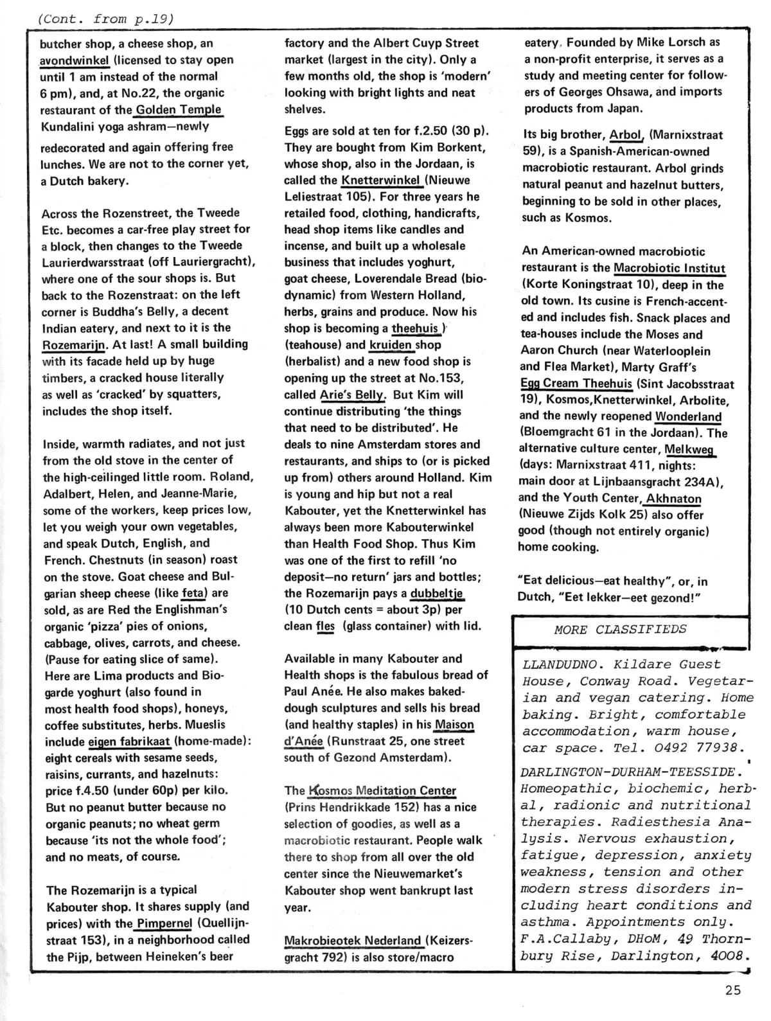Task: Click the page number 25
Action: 732,990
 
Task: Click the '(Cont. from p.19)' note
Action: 106,19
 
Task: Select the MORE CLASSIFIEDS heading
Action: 620,630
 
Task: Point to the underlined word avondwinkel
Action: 74,60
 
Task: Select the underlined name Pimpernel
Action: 164,923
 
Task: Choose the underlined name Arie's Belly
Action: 352,395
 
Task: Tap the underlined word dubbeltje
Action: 436,593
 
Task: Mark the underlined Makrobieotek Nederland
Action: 353,941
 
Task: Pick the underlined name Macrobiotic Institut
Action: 669,269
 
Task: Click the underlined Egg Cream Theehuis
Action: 576,384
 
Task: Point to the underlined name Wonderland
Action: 688,416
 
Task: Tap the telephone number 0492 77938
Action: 698,748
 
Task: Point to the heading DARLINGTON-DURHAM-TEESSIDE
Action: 626,772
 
